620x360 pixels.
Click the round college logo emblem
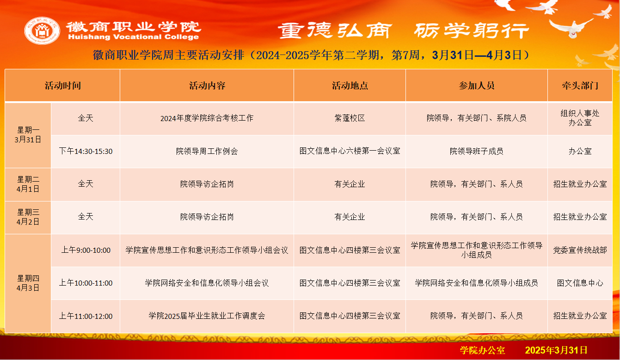click(x=42, y=31)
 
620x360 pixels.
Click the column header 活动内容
click(x=207, y=86)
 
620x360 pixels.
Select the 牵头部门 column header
click(x=580, y=86)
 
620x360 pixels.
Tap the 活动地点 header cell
click(x=350, y=86)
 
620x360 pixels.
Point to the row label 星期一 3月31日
click(x=28, y=135)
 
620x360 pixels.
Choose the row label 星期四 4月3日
click(x=28, y=283)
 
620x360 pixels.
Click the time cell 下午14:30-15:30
click(x=86, y=152)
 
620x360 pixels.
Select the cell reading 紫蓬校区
click(x=350, y=118)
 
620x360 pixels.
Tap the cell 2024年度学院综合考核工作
click(x=207, y=118)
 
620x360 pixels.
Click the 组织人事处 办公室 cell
click(x=580, y=118)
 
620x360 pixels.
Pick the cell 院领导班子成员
click(x=476, y=152)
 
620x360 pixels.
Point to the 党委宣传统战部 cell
click(x=580, y=250)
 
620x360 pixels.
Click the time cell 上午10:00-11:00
click(x=86, y=283)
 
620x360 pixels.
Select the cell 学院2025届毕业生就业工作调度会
click(x=207, y=316)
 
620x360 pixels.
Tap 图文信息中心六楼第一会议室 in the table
click(x=350, y=151)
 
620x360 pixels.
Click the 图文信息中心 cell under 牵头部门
click(x=580, y=283)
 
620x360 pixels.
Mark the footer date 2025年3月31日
click(x=556, y=350)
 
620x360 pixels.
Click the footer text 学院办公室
click(x=482, y=350)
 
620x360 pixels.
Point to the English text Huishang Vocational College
click(x=134, y=37)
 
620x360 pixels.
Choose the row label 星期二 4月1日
click(x=28, y=184)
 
